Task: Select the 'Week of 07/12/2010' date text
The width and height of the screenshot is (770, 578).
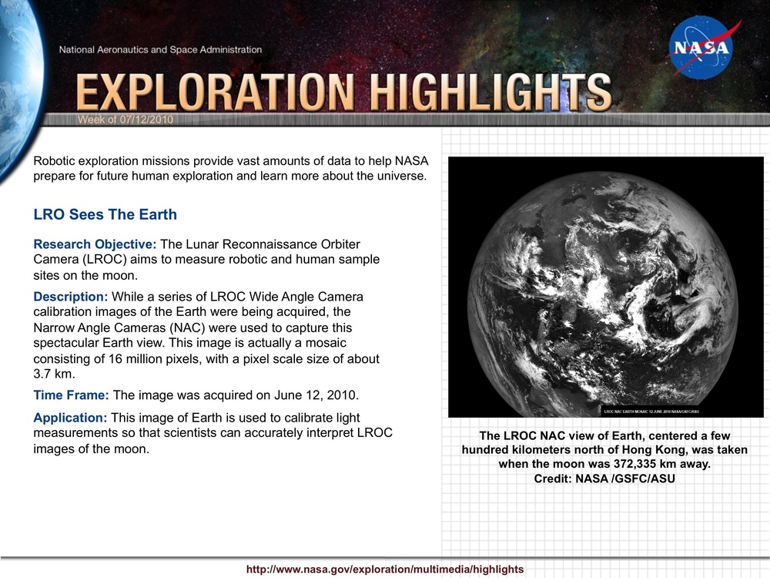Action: coord(126,119)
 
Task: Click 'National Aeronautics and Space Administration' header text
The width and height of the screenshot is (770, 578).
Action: coord(160,50)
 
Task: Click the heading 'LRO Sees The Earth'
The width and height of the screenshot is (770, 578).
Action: coord(105,215)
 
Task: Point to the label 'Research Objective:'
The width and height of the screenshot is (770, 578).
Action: coord(95,244)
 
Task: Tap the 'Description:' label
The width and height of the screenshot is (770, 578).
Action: coord(71,297)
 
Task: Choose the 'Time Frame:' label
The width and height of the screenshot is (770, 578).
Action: coord(72,395)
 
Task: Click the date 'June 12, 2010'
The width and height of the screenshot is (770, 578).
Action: coord(316,395)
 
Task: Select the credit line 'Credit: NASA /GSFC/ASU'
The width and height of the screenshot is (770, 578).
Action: coord(604,479)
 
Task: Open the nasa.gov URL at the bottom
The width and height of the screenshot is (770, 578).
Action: coord(384,569)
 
